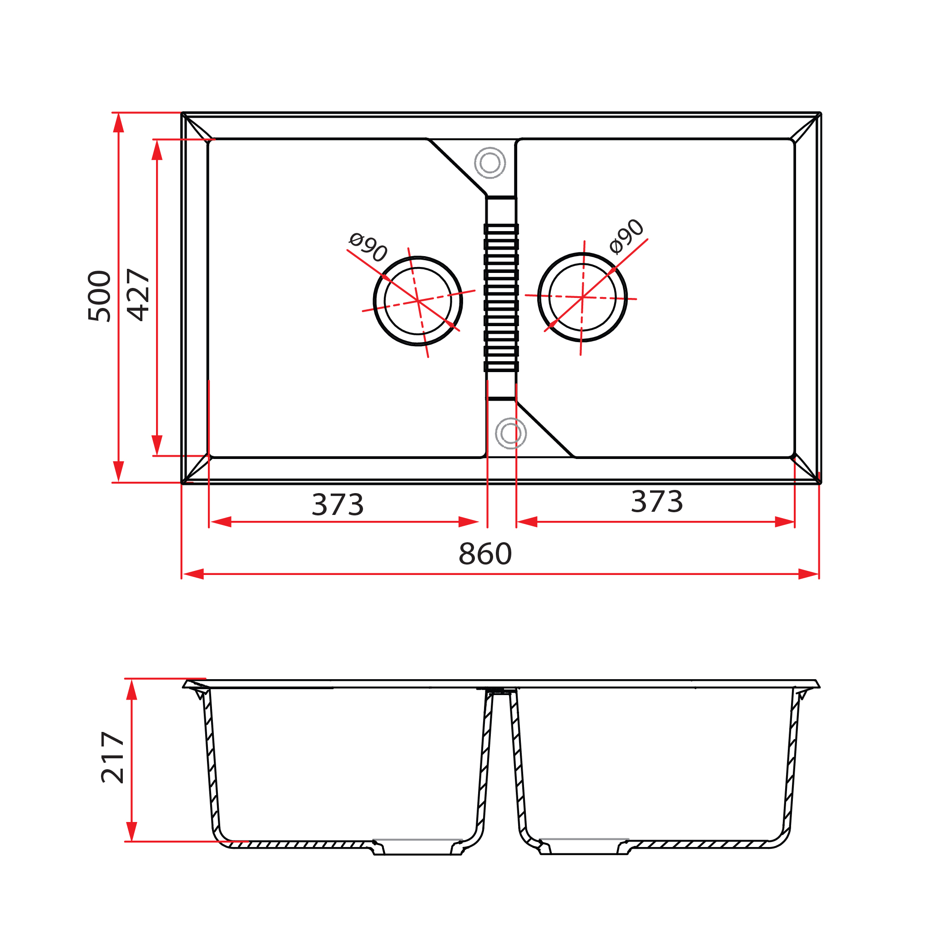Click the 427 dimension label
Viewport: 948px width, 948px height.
(138, 295)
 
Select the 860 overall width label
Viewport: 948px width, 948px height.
(485, 554)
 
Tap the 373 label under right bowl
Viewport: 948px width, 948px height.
(656, 501)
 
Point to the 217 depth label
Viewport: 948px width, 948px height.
(113, 757)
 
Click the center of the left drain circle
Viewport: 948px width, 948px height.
(418, 301)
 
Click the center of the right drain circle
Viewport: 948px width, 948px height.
(582, 298)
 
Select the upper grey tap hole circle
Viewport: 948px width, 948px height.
(490, 162)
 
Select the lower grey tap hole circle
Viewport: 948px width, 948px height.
(511, 433)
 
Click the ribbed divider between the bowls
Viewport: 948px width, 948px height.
(501, 298)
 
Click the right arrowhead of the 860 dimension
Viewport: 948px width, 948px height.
(809, 574)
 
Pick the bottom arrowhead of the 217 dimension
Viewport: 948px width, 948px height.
(131, 831)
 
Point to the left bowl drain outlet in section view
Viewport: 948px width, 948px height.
(418, 848)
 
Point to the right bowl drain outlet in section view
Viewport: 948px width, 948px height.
(584, 848)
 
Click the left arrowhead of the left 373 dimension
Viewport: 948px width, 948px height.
(221, 522)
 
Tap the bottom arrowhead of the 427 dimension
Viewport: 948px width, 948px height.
(157, 445)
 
